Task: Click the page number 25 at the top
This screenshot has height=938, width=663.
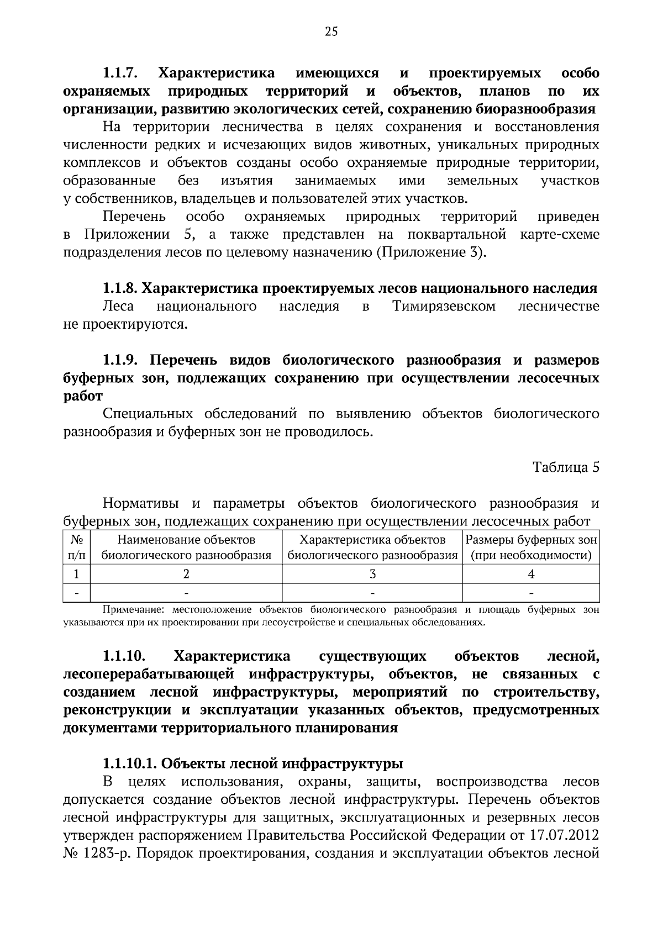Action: (331, 31)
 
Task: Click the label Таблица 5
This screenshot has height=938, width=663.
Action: (566, 467)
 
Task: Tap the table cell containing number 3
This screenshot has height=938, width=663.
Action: (372, 574)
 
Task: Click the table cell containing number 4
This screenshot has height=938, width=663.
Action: (531, 574)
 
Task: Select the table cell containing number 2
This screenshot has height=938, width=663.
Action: (186, 574)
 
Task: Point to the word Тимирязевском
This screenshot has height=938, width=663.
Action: (443, 306)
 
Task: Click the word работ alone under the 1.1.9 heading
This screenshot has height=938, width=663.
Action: (83, 396)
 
